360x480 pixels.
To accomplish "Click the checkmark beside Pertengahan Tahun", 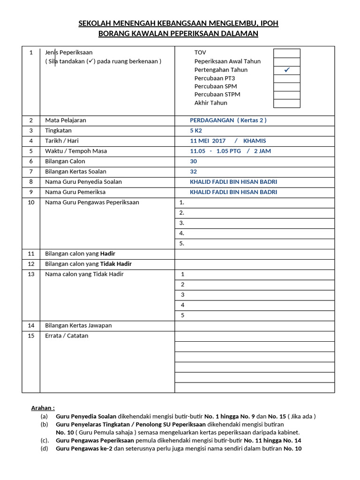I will click(287, 70).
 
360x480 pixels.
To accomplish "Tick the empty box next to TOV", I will click(287, 53).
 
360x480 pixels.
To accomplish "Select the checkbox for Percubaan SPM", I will click(287, 87).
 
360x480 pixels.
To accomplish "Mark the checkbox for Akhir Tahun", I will click(287, 104).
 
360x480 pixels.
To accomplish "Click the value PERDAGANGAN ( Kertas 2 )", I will click(228, 120).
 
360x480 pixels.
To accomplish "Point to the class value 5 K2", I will click(196, 131).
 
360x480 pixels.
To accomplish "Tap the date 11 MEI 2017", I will click(208, 141).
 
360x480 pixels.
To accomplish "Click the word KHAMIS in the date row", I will click(255, 141).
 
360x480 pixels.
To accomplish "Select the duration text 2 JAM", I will click(262, 151).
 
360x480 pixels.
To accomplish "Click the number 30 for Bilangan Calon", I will click(193, 161).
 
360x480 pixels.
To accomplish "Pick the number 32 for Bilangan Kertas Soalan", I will click(193, 172).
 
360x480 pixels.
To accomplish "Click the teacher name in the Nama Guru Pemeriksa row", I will click(233, 192).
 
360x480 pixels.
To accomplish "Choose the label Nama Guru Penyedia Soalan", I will click(83, 182).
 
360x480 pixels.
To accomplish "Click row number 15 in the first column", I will click(31, 336).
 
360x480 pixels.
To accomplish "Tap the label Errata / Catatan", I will click(67, 336).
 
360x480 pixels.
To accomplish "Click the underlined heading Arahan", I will click(43, 408).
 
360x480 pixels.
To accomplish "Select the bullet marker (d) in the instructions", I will click(44, 449).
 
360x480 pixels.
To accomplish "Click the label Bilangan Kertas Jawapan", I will click(78, 325).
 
